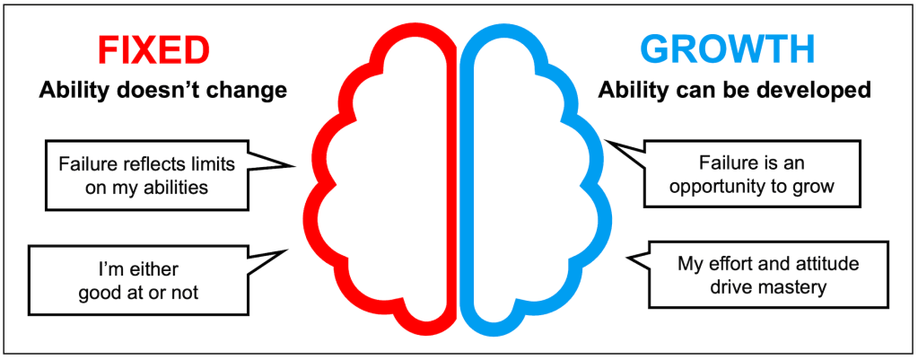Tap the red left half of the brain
pos(382,180)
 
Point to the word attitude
pos(818,265)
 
